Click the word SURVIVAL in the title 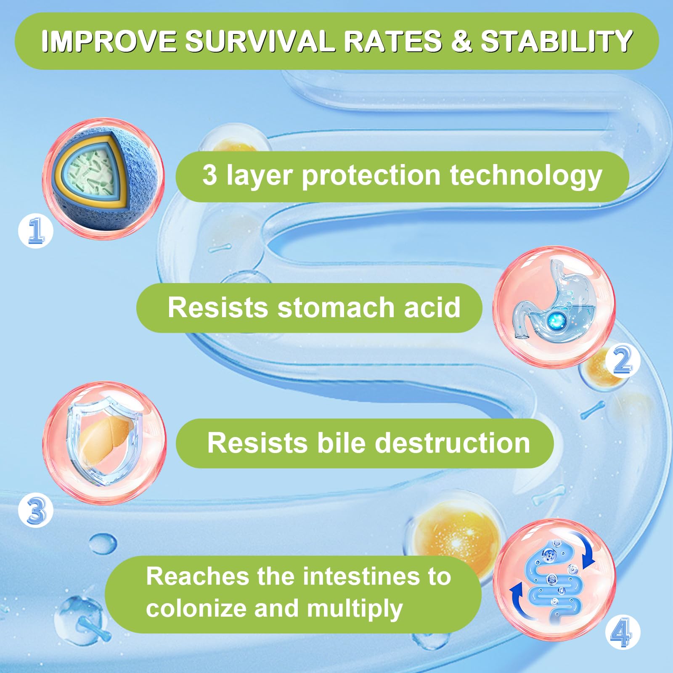pos(264,41)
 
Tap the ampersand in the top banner pos(462,41)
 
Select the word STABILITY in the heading pos(557,41)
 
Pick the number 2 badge pos(623,360)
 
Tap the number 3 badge pos(36,510)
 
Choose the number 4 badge pos(623,632)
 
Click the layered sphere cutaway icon pos(103,179)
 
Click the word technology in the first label pos(526,176)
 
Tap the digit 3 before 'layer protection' pos(209,175)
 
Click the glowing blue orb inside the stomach pos(556,321)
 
